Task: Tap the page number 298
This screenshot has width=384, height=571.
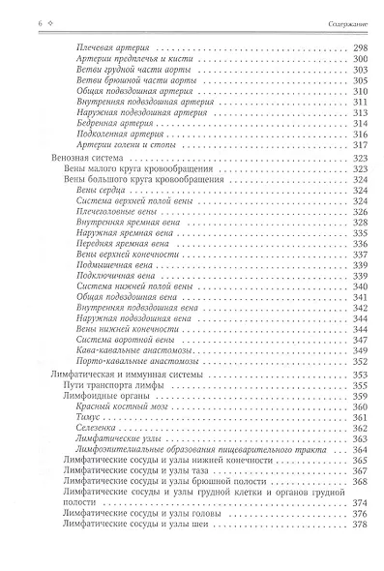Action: [362, 46]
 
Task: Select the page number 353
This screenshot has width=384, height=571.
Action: [362, 375]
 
